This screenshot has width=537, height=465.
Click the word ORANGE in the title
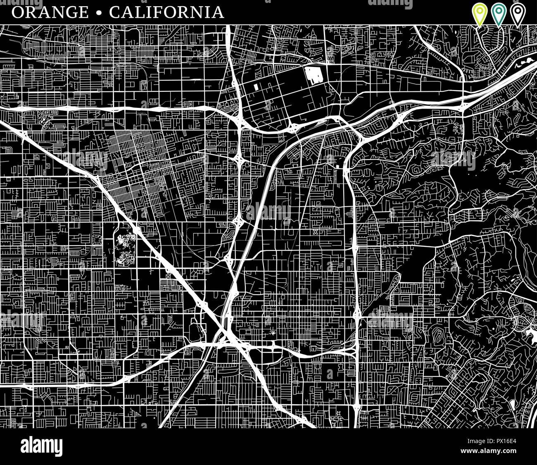pyautogui.click(x=50, y=12)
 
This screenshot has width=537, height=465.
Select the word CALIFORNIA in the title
pyautogui.click(x=166, y=12)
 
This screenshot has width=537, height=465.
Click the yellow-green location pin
pyautogui.click(x=479, y=14)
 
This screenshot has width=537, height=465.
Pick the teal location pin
pyautogui.click(x=498, y=14)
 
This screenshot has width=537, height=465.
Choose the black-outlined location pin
pyautogui.click(x=517, y=14)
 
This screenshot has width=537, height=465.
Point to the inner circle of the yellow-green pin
pyautogui.click(x=479, y=11)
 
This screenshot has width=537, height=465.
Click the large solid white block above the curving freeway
pyautogui.click(x=315, y=76)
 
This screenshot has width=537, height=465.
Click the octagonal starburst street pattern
pyautogui.click(x=96, y=238)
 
